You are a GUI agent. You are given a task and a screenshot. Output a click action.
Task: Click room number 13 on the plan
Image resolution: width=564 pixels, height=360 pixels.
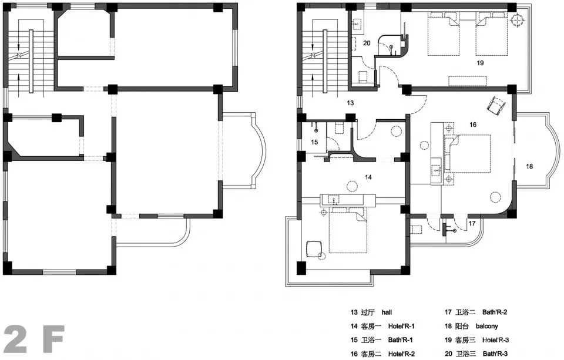click(350, 103)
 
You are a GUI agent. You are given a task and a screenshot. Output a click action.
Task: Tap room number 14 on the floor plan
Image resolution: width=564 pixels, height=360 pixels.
click(368, 177)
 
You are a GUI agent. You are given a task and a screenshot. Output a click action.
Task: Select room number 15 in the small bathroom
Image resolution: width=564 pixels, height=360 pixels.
click(314, 142)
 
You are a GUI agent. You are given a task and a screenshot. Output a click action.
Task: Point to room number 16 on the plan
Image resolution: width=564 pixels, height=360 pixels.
click(472, 125)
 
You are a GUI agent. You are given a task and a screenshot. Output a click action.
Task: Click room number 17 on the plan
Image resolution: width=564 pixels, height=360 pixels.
click(472, 223)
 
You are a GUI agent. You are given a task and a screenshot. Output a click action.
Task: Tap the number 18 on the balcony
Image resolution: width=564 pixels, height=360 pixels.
click(529, 166)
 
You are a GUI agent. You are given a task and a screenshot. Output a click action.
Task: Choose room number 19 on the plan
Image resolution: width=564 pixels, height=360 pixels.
click(480, 63)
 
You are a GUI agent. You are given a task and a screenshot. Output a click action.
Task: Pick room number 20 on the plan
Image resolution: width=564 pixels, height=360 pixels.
click(367, 43)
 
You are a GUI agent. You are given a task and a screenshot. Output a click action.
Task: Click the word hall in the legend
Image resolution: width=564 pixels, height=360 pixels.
click(387, 312)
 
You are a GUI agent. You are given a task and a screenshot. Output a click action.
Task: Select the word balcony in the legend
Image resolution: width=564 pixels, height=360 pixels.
click(486, 326)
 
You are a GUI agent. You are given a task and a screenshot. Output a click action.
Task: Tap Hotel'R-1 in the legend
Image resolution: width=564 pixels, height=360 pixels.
click(401, 326)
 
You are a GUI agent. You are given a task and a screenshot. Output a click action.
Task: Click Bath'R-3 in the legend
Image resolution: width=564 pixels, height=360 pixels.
click(495, 354)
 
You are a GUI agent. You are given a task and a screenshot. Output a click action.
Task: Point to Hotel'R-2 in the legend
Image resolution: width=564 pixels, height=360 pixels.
click(401, 354)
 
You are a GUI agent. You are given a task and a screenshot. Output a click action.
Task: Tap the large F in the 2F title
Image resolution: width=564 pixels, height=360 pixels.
click(54, 339)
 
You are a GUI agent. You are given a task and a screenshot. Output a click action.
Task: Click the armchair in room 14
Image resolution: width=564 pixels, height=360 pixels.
click(314, 249)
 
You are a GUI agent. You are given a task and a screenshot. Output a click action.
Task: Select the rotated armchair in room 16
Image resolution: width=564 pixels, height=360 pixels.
click(496, 104)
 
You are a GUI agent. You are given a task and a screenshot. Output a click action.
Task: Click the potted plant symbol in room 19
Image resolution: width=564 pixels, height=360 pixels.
click(517, 20)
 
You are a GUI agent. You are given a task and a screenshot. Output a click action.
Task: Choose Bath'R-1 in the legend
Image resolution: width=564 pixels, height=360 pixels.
click(400, 340)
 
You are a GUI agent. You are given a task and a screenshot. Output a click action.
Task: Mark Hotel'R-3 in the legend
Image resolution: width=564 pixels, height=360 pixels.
click(495, 340)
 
